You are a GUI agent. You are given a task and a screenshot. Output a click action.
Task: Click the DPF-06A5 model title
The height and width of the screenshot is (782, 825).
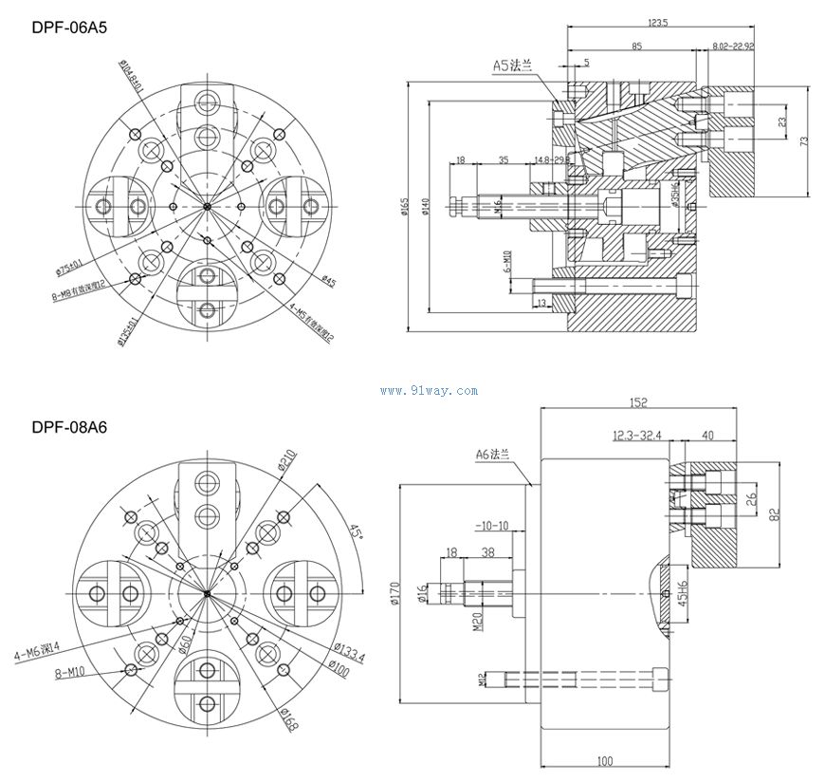[69, 28]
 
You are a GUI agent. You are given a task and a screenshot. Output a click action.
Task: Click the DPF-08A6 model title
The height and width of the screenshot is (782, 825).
[69, 428]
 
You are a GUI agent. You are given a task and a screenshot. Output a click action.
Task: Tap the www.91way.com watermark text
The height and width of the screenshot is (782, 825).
[414, 391]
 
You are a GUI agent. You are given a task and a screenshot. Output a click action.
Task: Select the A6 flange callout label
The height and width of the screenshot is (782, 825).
[493, 456]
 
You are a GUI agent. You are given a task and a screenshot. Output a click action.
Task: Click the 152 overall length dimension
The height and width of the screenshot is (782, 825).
[637, 403]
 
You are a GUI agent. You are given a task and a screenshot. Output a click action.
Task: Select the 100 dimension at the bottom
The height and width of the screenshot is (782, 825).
[605, 761]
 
